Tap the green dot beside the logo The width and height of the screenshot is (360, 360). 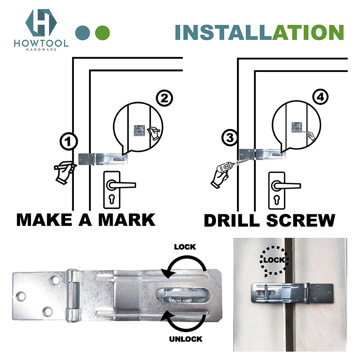[x=103, y=32]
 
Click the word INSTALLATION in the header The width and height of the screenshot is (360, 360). [x=259, y=32]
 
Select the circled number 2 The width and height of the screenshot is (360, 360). [x=164, y=99]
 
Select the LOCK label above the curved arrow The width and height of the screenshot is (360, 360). [x=185, y=247]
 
